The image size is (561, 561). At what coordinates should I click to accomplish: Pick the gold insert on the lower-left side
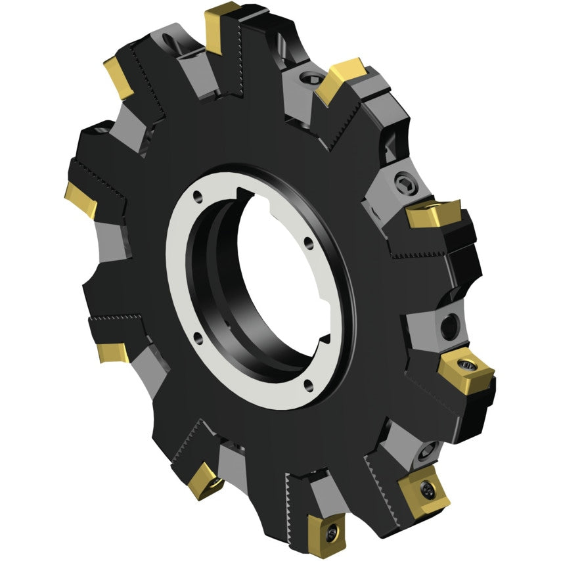click(112, 351)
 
